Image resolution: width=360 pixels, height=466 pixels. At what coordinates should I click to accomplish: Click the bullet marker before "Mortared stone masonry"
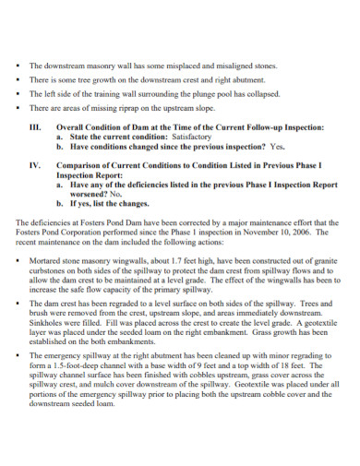pos(19,262)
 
